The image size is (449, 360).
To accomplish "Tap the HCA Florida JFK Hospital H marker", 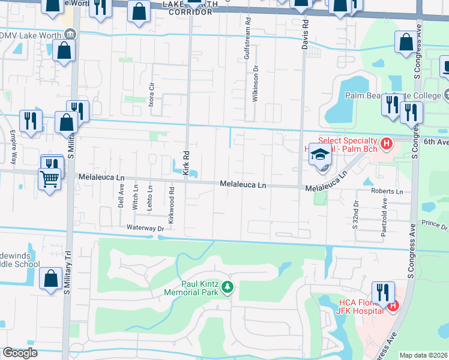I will pyautogui.click(x=393, y=306).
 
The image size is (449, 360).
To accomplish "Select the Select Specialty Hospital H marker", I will pyautogui.click(x=387, y=144).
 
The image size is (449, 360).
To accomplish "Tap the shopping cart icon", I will pyautogui.click(x=50, y=178).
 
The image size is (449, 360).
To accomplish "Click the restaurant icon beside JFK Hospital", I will pyautogui.click(x=382, y=292).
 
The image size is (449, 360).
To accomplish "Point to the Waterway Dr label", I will pyautogui.click(x=145, y=228).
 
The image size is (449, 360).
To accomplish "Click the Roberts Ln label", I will pyautogui.click(x=387, y=191).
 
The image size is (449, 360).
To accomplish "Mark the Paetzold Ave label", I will pyautogui.click(x=384, y=223).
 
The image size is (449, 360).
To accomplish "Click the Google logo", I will pyautogui.click(x=20, y=353).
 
